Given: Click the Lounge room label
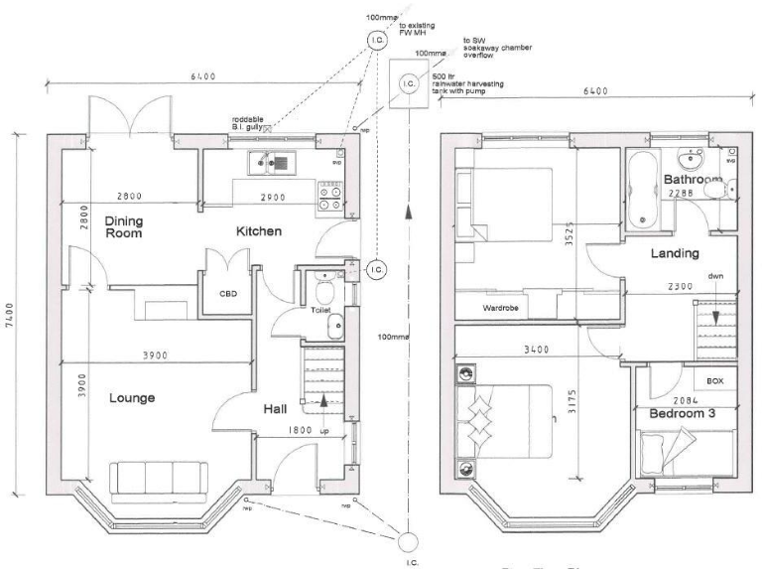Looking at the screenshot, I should (131, 398).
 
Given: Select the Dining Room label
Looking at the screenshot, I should (125, 226).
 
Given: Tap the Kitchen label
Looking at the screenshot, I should (259, 231).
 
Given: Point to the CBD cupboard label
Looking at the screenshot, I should (228, 294).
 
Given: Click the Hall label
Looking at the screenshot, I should (276, 408).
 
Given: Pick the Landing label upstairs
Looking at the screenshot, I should (675, 254).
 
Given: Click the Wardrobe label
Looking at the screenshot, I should (502, 308).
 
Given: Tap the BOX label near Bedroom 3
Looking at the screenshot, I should (714, 381).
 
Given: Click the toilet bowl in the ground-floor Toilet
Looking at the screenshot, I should (321, 291).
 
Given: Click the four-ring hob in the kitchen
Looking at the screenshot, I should (329, 194).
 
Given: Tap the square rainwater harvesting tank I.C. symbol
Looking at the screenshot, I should (410, 83).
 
